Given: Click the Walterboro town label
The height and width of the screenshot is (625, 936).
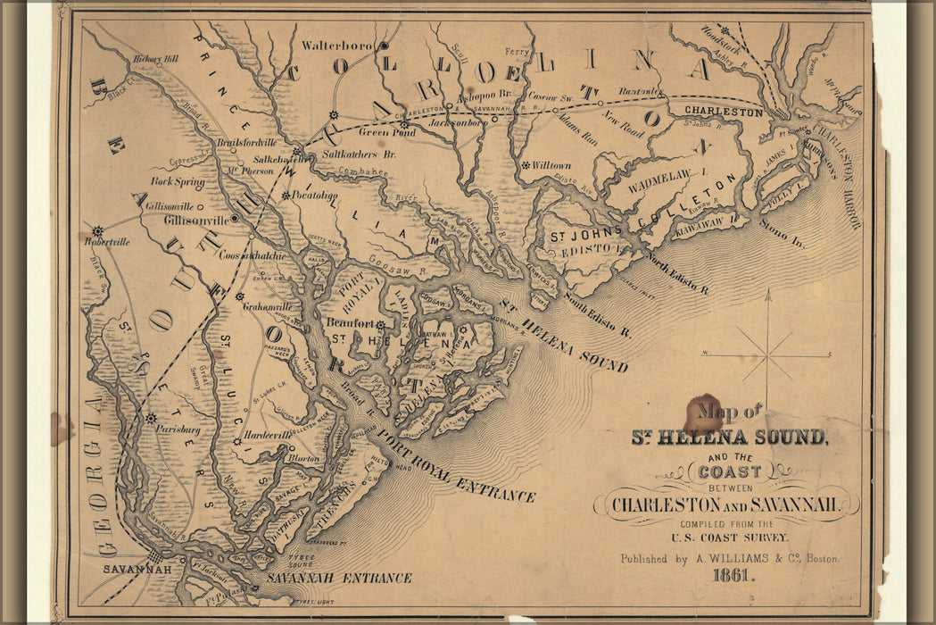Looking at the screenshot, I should [338, 45].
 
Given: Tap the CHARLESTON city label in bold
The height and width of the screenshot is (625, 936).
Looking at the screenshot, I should [724, 112].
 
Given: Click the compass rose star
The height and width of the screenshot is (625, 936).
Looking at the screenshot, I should [767, 355].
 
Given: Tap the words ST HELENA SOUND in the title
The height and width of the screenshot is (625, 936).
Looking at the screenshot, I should [729, 437].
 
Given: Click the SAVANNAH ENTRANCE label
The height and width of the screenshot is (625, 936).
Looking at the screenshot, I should [339, 578].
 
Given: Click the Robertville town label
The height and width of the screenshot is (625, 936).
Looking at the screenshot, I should [107, 241].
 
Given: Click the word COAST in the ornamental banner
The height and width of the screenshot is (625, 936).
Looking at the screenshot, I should [731, 471].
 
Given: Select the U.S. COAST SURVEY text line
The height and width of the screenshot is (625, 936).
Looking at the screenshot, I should [730, 537].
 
